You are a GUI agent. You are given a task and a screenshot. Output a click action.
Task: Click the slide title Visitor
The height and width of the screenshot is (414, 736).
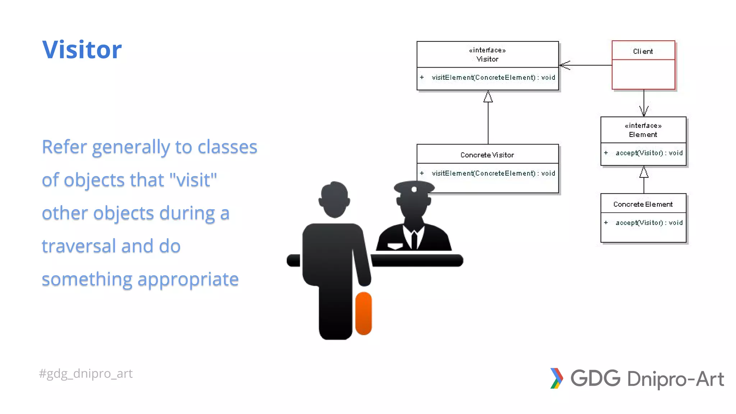pos(82,50)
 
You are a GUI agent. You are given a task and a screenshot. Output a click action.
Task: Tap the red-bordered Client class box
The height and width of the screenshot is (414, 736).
pos(643,65)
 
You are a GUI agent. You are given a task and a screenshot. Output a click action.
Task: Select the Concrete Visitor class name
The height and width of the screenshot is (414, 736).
pos(487,155)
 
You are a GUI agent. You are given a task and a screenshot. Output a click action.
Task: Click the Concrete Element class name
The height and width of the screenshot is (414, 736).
pos(643,204)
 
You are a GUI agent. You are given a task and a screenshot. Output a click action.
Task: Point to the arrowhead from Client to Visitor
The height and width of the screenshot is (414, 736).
pos(564,65)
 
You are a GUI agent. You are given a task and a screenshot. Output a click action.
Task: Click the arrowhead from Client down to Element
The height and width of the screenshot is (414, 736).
pos(644,111)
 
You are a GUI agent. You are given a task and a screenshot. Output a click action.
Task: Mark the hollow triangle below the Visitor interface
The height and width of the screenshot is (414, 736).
pos(488,97)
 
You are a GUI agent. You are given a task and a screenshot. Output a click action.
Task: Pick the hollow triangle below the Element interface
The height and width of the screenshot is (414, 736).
pos(644,172)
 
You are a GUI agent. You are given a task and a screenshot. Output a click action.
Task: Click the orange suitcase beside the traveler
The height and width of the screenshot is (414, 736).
pos(363,313)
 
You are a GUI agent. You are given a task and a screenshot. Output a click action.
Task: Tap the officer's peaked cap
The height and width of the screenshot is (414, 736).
pos(414,187)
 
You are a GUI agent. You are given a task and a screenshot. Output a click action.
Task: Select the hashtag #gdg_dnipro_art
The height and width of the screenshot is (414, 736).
pos(86,373)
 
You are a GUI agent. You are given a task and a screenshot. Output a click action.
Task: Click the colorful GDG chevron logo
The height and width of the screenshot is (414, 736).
pos(556,378)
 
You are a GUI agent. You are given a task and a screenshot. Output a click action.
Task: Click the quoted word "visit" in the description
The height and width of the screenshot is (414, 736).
pos(193,180)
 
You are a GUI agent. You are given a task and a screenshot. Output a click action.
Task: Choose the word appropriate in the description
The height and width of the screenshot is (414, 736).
pos(188,279)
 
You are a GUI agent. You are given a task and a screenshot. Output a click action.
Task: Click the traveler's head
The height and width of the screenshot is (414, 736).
pos(334,199)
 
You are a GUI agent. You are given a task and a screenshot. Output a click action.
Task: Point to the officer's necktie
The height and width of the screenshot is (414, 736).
pos(414,239)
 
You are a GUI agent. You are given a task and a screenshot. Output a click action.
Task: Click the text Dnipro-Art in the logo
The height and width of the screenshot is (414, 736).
pos(675,379)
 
